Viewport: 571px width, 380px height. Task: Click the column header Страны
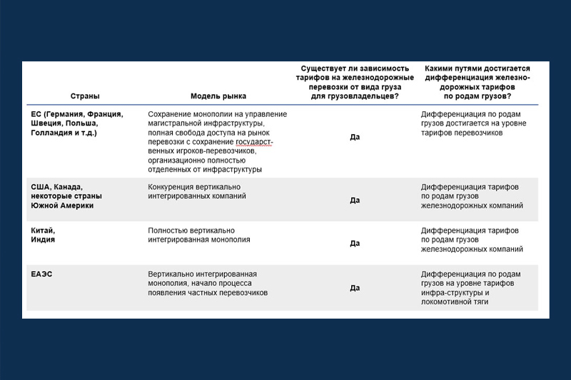pyautogui.click(x=85, y=96)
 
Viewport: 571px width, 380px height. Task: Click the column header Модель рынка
pyautogui.click(x=218, y=96)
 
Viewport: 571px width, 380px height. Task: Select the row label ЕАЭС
pyautogui.click(x=41, y=274)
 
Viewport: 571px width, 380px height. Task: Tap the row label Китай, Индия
pyautogui.click(x=43, y=235)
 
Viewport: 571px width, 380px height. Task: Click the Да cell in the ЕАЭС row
pyautogui.click(x=355, y=288)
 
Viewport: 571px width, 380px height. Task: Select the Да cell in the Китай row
pyautogui.click(x=355, y=244)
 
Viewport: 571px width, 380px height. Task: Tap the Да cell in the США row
pyautogui.click(x=355, y=200)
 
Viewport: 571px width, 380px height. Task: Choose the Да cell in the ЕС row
pyautogui.click(x=355, y=137)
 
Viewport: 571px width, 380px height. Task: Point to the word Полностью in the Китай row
pyautogui.click(x=168, y=230)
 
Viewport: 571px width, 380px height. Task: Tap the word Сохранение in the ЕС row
pyautogui.click(x=169, y=114)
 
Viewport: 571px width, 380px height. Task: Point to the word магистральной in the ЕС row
pyautogui.click(x=176, y=123)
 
